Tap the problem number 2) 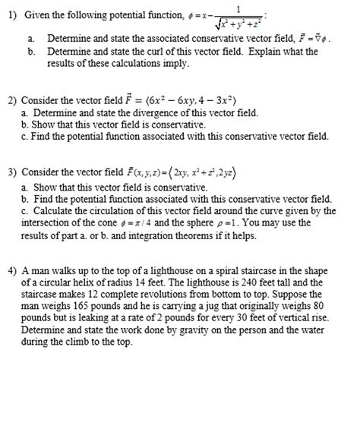[11, 99]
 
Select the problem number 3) [11, 172]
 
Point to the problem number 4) [11, 270]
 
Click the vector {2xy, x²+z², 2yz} [194, 172]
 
